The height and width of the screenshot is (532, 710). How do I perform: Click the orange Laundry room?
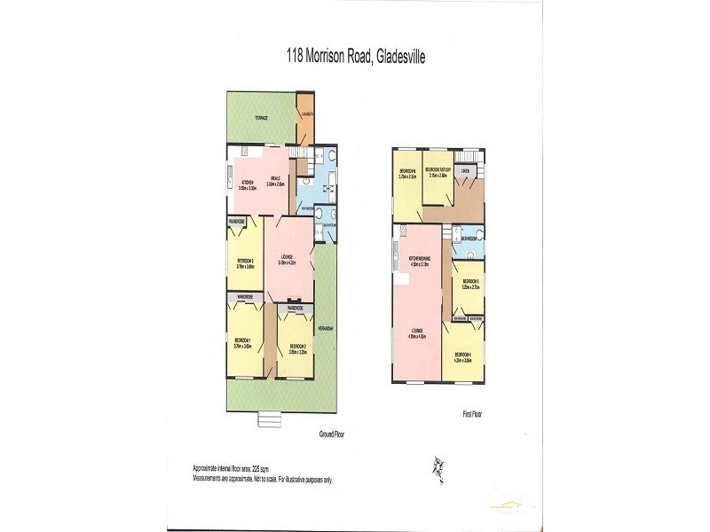coord(305,115)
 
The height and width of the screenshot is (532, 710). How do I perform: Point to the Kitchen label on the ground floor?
coord(247,184)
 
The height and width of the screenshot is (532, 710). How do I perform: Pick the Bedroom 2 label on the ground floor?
coord(296,348)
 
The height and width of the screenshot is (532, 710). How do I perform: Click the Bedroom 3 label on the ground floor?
coord(245,262)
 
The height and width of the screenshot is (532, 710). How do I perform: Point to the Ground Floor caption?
coord(333,435)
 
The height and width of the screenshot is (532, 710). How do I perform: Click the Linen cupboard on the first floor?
coord(466,170)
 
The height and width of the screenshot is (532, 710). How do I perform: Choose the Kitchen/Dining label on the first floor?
coord(420,261)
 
